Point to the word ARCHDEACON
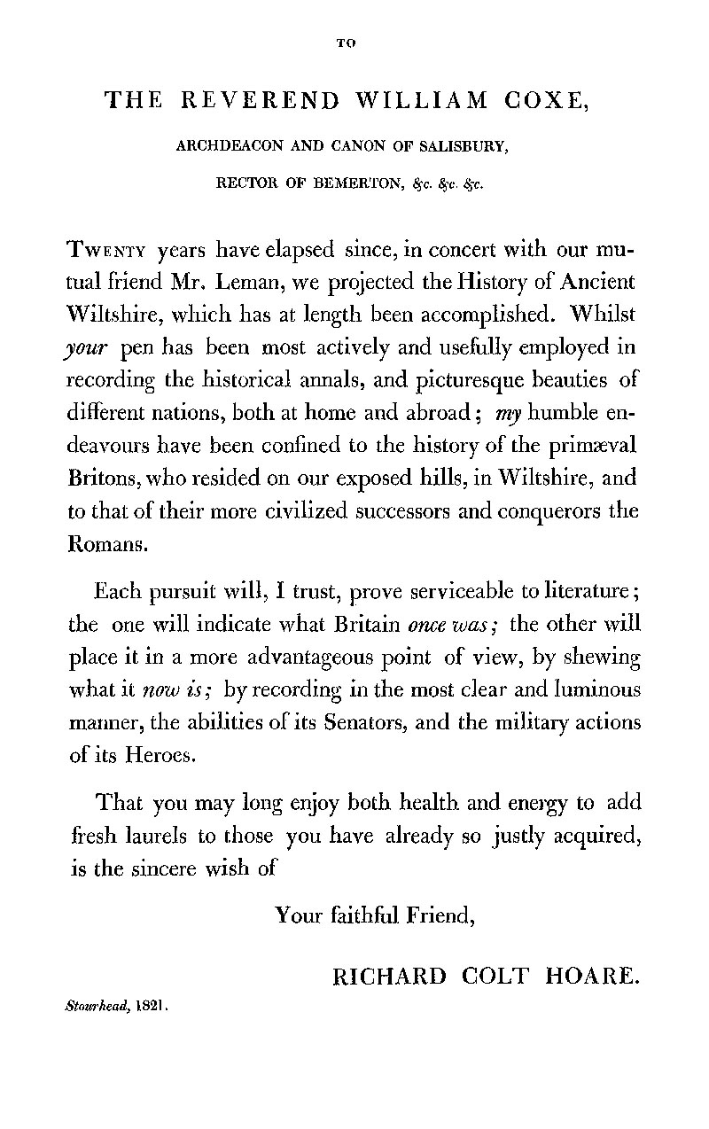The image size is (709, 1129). pos(222,150)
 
